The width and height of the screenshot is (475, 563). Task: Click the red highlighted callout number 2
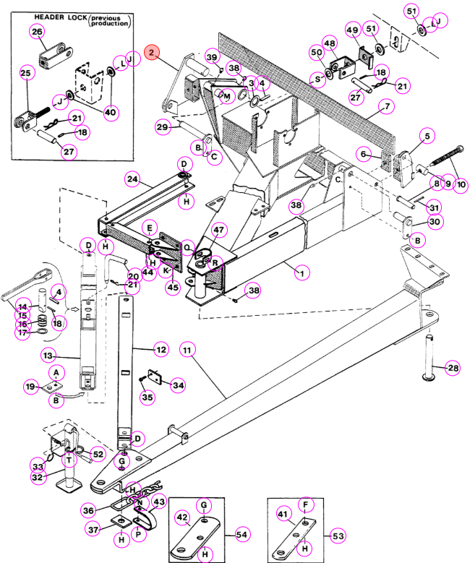[x=152, y=53]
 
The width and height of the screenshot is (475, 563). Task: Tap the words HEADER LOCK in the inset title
[x=61, y=17]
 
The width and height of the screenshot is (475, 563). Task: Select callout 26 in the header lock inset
[x=37, y=32]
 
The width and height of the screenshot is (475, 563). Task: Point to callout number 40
[x=111, y=113]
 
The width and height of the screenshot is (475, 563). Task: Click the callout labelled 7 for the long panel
[x=387, y=107]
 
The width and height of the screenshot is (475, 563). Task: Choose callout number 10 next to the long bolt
[x=461, y=185]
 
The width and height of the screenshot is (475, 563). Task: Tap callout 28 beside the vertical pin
[x=453, y=368]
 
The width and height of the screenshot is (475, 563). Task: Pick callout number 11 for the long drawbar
[x=187, y=350]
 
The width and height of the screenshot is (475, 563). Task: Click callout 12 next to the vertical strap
[x=161, y=350]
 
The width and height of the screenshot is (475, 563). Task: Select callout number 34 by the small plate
[x=178, y=386]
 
